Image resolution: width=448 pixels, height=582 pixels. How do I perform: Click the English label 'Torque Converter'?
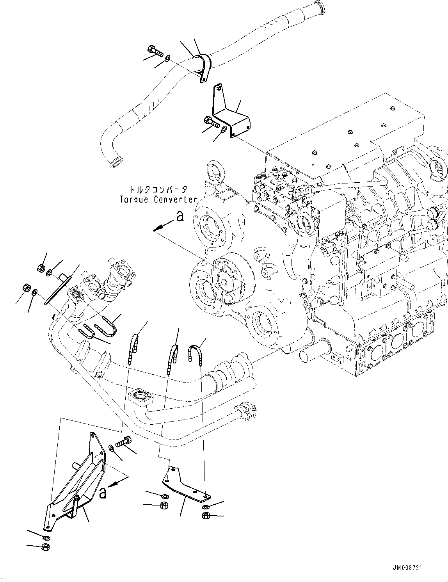(x=158, y=199)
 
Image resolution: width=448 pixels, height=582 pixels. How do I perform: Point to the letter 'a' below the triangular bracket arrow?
(x=103, y=493)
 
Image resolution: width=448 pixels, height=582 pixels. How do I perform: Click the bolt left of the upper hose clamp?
(x=155, y=51)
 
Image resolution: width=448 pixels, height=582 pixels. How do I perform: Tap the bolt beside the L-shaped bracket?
(x=211, y=122)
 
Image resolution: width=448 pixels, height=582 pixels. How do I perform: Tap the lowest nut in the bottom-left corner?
(x=45, y=546)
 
